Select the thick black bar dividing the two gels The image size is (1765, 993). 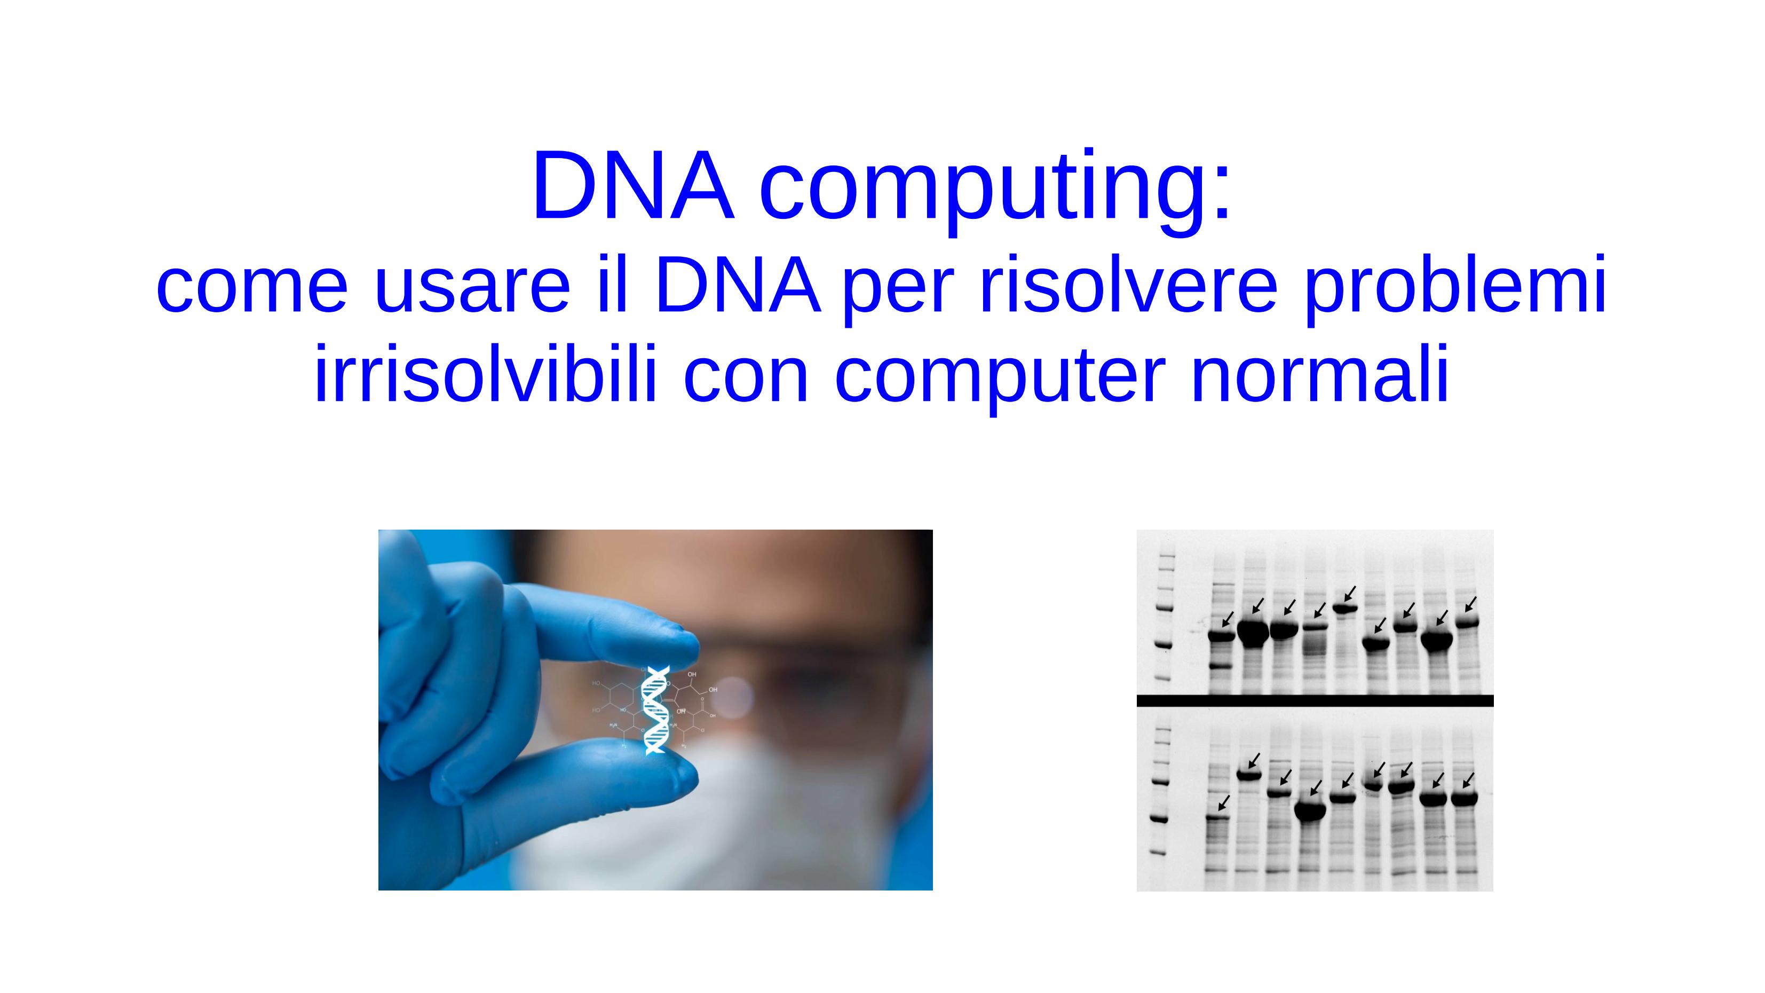tap(1314, 700)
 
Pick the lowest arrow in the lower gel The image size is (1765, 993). tap(1224, 802)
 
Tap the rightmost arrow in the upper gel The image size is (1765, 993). tap(1470, 604)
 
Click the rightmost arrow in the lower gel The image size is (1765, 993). tap(1468, 781)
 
